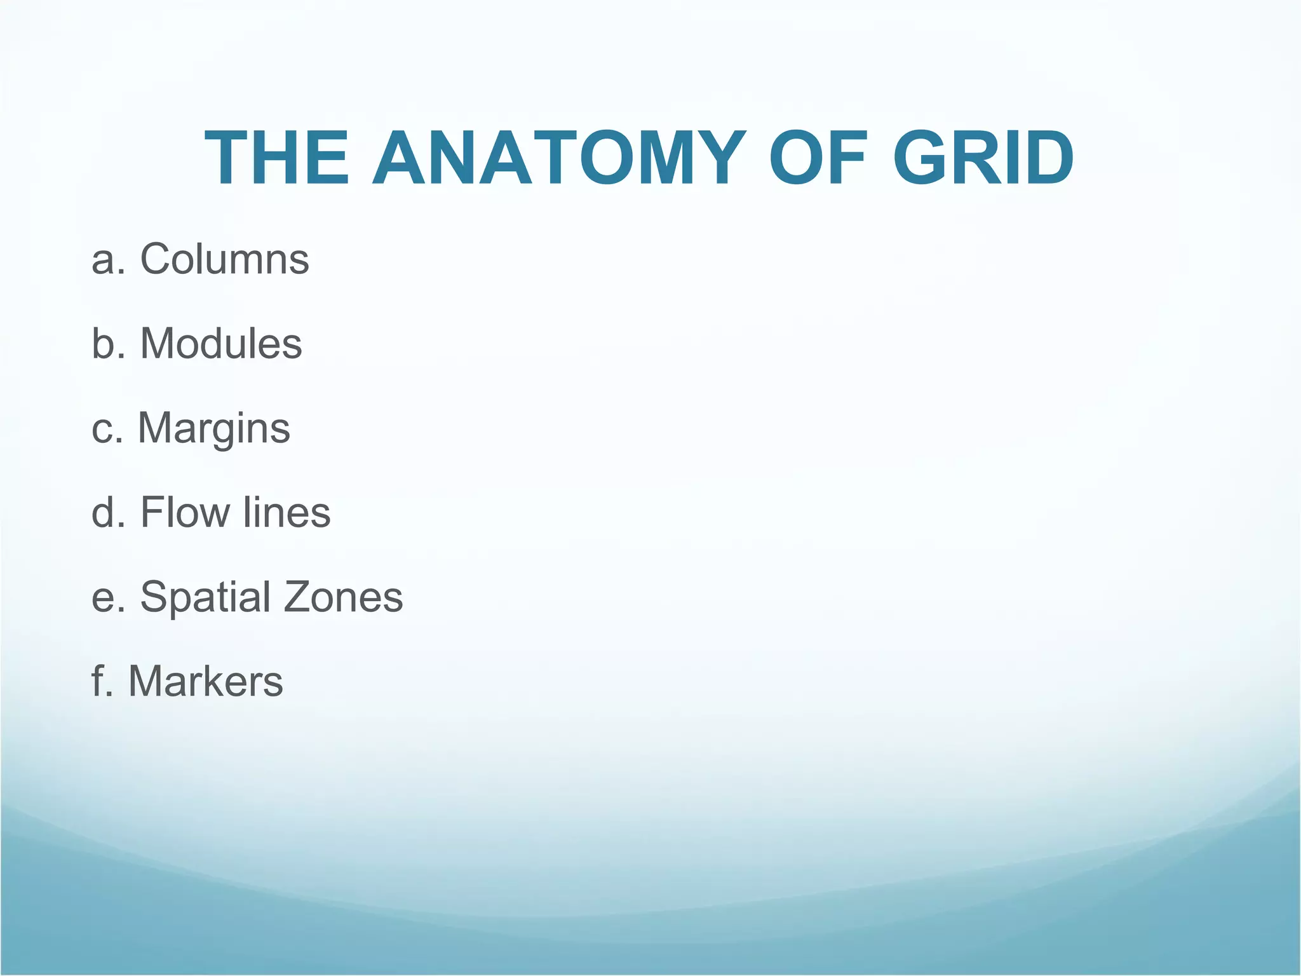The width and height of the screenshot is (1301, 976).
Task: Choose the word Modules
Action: (220, 344)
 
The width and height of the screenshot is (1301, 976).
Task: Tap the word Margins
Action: (214, 429)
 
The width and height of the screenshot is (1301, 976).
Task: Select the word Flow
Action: (185, 512)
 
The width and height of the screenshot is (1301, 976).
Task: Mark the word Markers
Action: (206, 681)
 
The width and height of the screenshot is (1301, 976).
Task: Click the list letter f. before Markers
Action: (102, 681)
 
